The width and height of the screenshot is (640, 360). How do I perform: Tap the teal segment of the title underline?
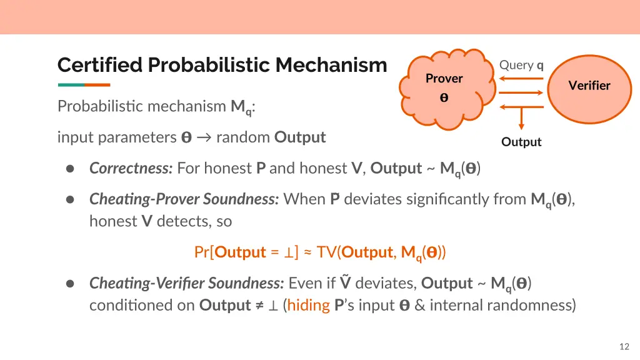pyautogui.click(x=71, y=85)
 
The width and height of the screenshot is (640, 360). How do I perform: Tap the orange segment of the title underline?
pyautogui.click(x=97, y=85)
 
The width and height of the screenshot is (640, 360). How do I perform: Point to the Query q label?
pyautogui.click(x=521, y=65)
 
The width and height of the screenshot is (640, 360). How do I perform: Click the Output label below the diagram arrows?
pyautogui.click(x=521, y=142)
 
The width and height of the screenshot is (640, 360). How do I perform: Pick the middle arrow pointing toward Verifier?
pyautogui.click(x=521, y=92)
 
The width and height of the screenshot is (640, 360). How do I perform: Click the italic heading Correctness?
pyautogui.click(x=131, y=168)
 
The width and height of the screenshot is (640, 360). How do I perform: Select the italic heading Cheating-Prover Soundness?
pyautogui.click(x=184, y=199)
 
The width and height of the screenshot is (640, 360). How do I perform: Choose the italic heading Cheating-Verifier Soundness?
pyautogui.click(x=187, y=283)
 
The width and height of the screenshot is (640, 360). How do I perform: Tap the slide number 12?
pyautogui.click(x=623, y=347)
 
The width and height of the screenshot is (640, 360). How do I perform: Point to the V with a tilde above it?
pyautogui.click(x=346, y=283)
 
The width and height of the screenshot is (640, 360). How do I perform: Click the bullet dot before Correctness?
pyautogui.click(x=71, y=169)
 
